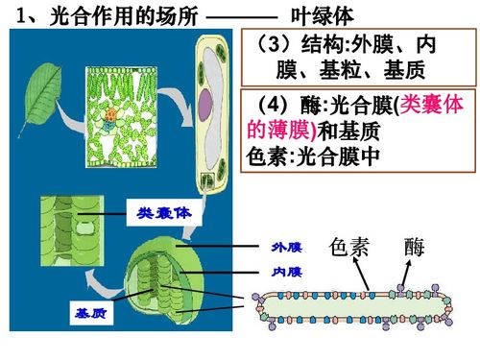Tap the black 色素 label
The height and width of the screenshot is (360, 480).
[x=348, y=247]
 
